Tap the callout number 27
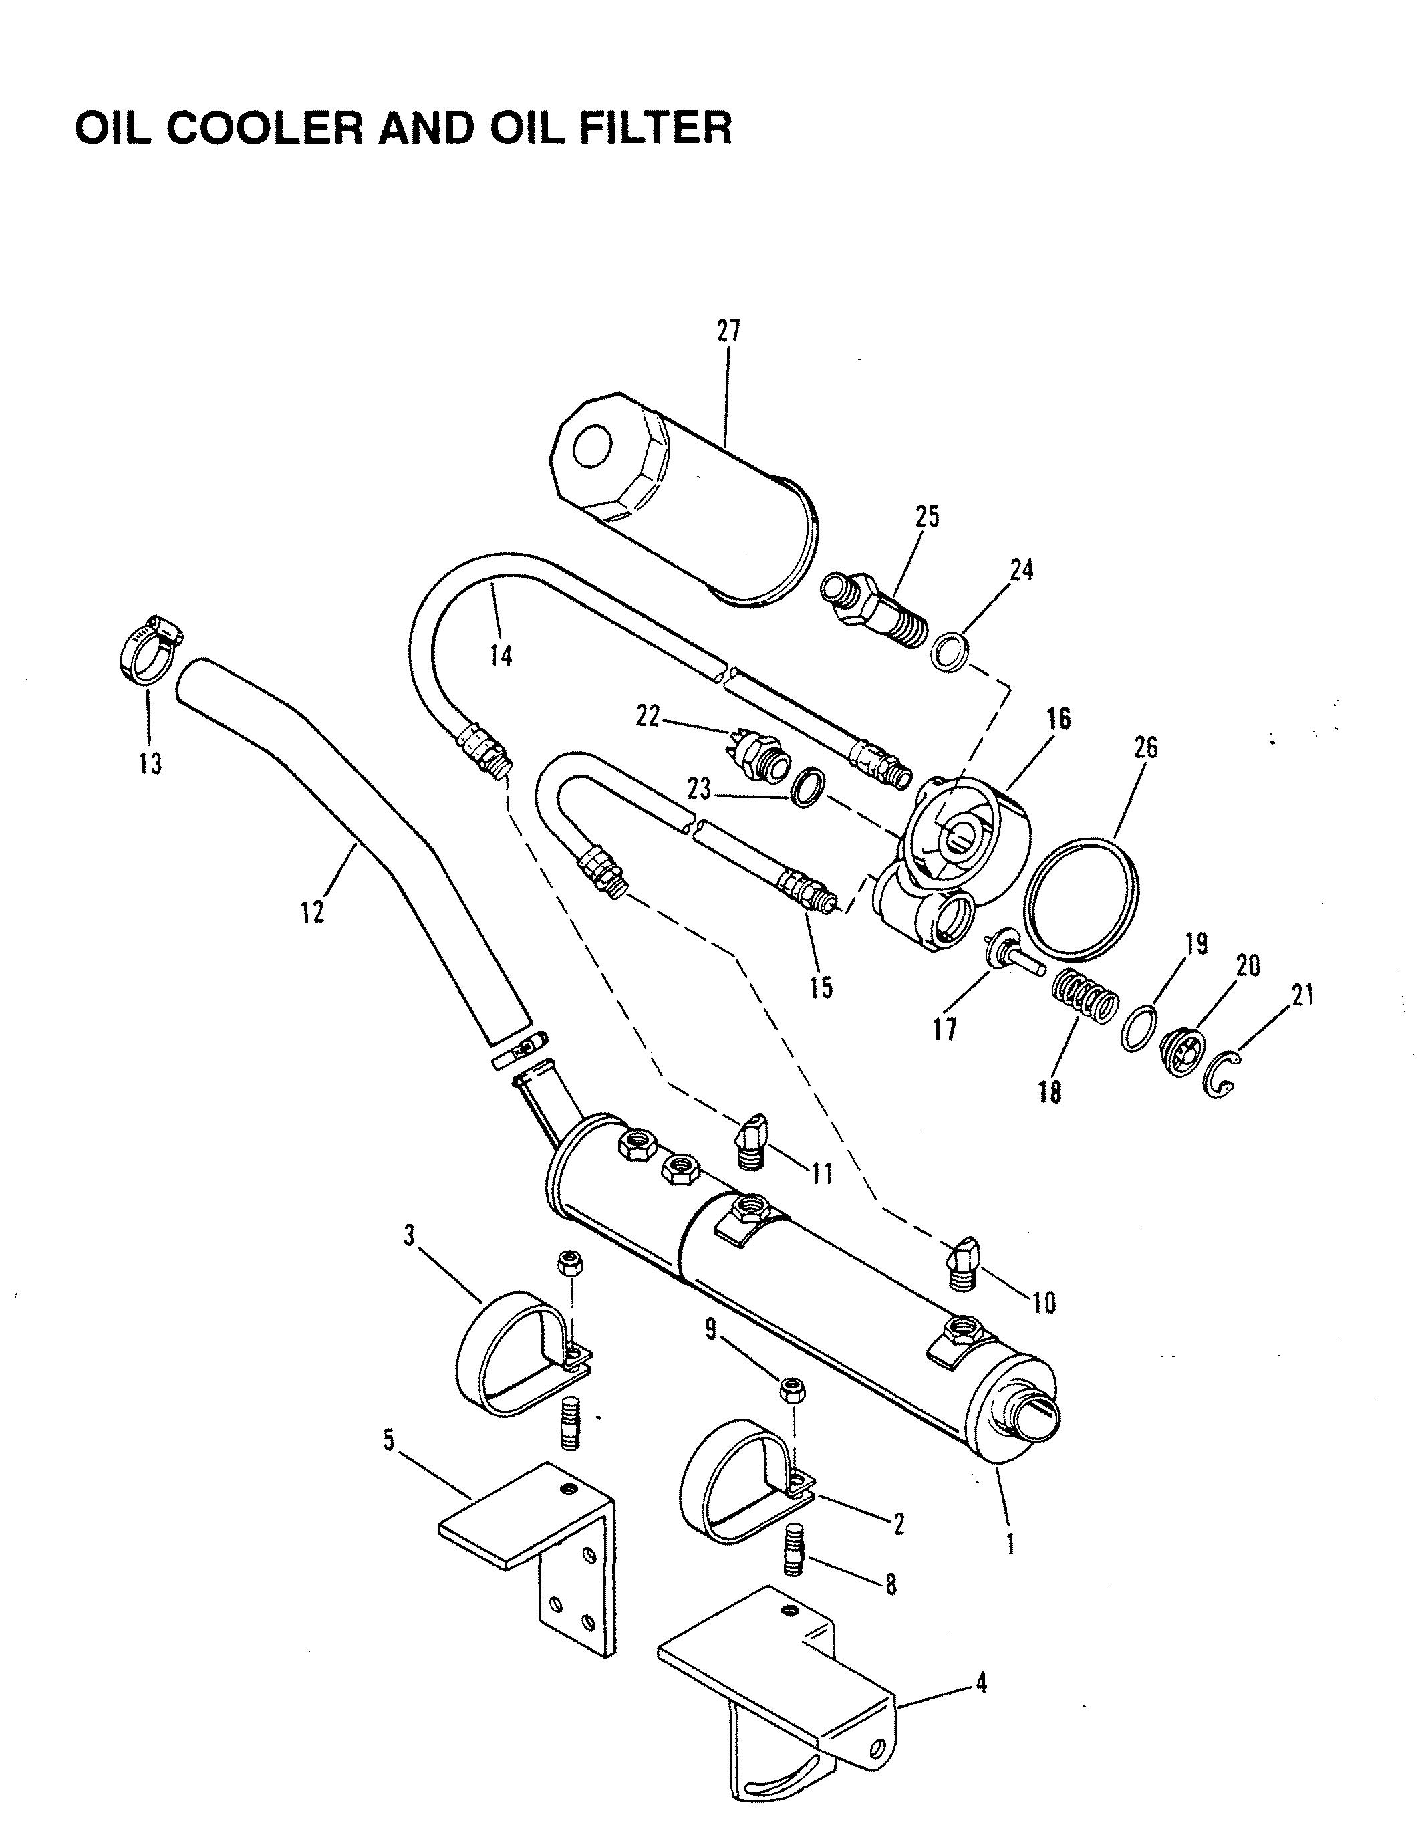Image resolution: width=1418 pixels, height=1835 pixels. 728,331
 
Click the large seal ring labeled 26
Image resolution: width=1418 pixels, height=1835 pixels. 1081,896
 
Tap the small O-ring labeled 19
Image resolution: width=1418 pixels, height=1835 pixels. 1138,1027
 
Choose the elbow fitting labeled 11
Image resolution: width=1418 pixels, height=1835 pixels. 754,1138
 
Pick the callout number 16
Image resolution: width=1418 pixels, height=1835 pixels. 1058,719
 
